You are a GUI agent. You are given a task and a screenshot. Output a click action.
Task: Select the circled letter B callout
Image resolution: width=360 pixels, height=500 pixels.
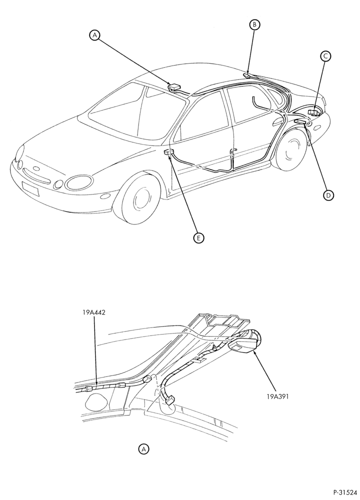[x=254, y=24]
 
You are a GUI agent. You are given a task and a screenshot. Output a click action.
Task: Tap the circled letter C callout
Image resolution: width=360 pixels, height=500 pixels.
[x=325, y=56]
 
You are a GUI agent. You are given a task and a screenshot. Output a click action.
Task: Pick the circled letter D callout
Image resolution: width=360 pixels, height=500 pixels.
[x=328, y=195]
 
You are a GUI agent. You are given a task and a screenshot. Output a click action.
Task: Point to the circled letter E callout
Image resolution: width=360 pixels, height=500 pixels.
[x=198, y=237]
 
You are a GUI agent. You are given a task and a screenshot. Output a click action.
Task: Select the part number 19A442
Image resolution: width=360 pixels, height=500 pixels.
[x=93, y=312]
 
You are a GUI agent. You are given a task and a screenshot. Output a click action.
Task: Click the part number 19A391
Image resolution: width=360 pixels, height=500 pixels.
[x=277, y=397]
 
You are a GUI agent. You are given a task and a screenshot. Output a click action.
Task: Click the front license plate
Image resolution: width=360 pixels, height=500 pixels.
[x=30, y=188]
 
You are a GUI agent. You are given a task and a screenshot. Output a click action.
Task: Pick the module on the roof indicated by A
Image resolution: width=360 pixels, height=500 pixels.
[x=174, y=86]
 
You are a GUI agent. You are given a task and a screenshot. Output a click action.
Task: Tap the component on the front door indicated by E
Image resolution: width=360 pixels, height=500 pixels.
[x=168, y=152]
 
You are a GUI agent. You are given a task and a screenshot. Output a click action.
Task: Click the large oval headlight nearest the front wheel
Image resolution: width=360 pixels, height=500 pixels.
[x=79, y=182]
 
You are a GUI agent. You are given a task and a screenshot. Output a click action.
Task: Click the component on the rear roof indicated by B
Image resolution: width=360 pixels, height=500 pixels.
[x=247, y=75]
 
